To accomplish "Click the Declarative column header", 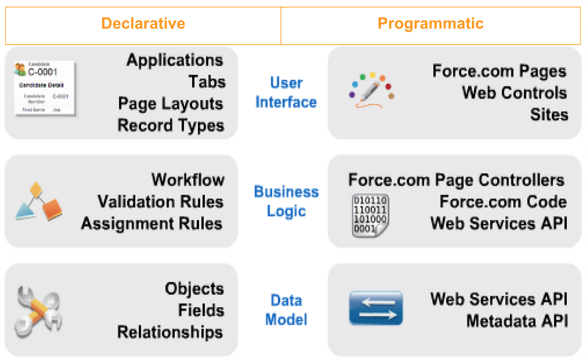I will tap(143, 23).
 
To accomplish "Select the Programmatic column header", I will tap(431, 23).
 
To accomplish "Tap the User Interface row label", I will tap(286, 93).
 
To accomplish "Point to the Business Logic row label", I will tap(286, 201).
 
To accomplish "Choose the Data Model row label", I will tap(286, 310).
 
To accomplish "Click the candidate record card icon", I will tap(45, 88).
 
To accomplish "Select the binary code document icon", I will tap(371, 215).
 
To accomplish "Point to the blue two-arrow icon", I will tap(376, 308).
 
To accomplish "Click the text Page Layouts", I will tap(170, 104).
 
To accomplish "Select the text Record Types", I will tap(170, 125).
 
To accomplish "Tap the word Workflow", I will tap(188, 180).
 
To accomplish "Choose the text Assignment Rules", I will tap(152, 223).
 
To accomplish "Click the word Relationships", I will tap(170, 332).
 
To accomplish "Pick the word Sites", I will tap(549, 114).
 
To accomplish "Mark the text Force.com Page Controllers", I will tap(456, 180).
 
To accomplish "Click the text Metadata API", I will tap(517, 321).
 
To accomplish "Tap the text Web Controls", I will tap(514, 93).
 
